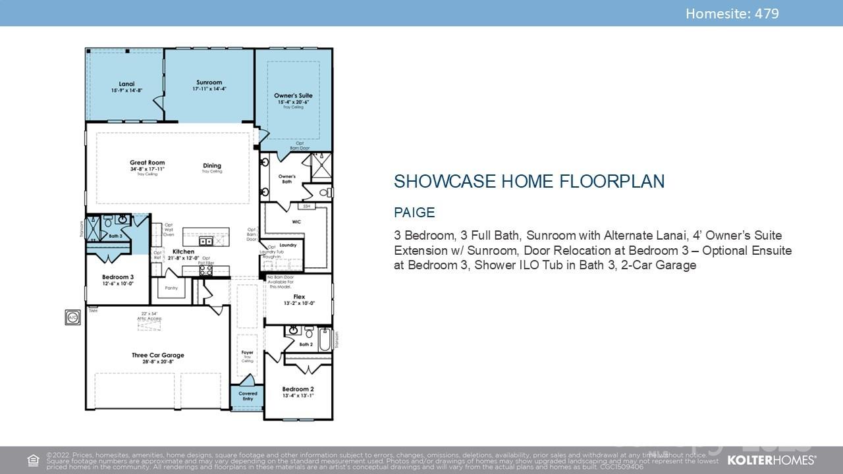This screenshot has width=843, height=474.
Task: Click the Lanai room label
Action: point(126,84)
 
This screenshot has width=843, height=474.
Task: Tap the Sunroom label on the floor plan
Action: point(209,83)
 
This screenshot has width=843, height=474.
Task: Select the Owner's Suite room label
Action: point(293,96)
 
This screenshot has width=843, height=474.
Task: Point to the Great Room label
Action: point(147,163)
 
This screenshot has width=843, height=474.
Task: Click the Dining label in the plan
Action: point(212,166)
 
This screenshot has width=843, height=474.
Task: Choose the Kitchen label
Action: point(183,252)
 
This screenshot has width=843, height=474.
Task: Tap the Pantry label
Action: point(171,288)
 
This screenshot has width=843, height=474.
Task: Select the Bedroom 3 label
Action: point(118,277)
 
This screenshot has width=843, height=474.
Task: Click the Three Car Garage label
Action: point(157,355)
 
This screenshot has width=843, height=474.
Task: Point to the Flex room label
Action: point(299,297)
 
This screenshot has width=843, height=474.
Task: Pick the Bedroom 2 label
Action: point(298,389)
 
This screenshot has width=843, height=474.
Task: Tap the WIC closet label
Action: point(296,222)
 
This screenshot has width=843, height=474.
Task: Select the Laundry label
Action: point(288,245)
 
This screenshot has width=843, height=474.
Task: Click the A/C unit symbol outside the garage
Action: point(72,318)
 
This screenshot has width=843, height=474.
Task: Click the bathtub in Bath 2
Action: point(324,340)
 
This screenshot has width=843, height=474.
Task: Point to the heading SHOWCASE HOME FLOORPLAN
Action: point(529,182)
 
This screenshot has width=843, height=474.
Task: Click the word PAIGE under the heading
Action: point(414,213)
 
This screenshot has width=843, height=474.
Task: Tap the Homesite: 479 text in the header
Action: point(732,13)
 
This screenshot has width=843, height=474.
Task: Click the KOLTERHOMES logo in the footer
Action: point(771,460)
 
